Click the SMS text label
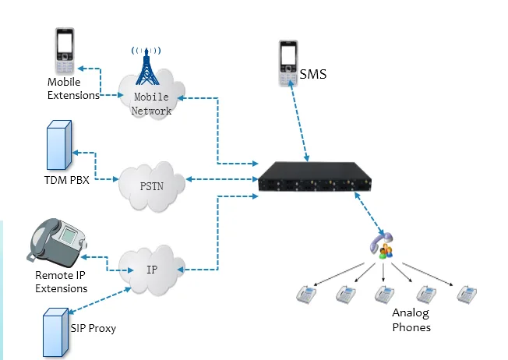pos(313,75)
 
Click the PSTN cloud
pos(152,185)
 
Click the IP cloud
pos(152,269)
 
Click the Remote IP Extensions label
pos(62,282)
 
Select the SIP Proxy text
pos(91,328)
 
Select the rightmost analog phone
pos(467,294)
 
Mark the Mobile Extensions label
pos(73,89)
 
